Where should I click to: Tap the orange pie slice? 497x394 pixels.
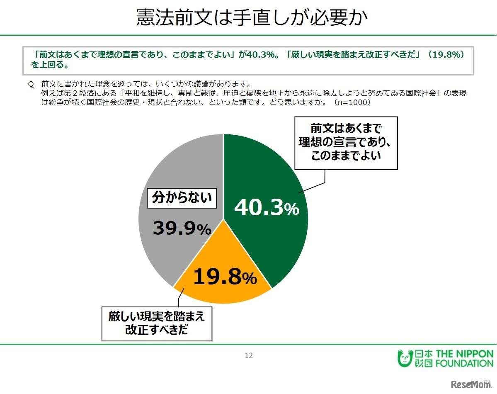pyautogui.click(x=220, y=286)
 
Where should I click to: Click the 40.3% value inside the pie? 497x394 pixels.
pyautogui.click(x=266, y=208)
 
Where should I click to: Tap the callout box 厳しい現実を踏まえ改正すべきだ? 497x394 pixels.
pyautogui.click(x=157, y=323)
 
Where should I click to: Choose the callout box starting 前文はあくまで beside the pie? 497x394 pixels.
pyautogui.click(x=346, y=143)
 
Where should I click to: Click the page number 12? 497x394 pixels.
pyautogui.click(x=249, y=355)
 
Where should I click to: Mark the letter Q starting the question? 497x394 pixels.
pyautogui.click(x=30, y=84)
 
